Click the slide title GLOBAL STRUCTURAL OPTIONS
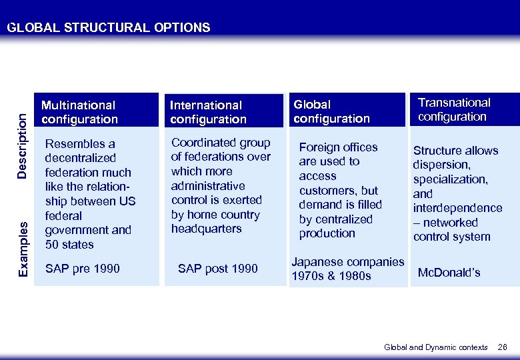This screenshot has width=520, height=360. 108,27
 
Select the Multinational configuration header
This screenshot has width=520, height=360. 79,112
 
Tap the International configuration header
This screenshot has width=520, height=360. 208,112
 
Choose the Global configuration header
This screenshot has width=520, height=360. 331,111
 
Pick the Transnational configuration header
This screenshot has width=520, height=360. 453,109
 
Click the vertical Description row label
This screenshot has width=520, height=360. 22,145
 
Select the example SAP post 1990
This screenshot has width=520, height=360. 217,269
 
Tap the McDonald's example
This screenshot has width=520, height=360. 449,273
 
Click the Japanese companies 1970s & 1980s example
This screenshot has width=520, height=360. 347,269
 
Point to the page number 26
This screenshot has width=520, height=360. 503,347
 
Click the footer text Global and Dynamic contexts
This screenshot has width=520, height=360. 436,347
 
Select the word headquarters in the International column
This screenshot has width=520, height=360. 206,229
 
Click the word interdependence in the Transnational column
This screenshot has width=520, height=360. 457,208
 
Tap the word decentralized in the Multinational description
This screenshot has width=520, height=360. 80,158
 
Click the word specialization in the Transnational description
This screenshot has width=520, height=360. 450,179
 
